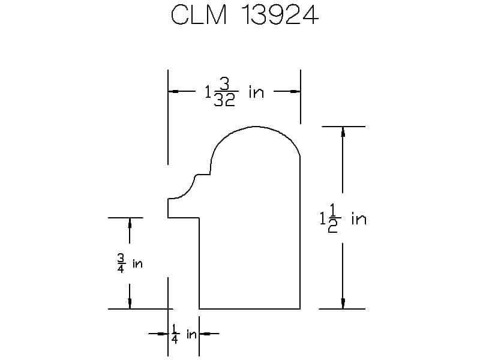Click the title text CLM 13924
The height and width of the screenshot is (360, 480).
tap(245, 14)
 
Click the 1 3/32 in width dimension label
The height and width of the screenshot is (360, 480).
tap(234, 92)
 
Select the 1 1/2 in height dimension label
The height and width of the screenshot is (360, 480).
tap(343, 218)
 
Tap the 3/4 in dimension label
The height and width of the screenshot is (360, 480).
tap(130, 263)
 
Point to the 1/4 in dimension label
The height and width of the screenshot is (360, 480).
tap(184, 334)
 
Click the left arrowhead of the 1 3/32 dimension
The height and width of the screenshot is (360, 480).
tap(173, 91)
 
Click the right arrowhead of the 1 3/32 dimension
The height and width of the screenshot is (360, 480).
tap(295, 91)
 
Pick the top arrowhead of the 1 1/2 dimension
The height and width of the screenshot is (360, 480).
tap(343, 131)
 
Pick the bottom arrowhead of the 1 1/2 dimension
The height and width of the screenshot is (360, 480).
tap(343, 304)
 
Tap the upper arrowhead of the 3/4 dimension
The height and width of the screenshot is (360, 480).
tap(130, 223)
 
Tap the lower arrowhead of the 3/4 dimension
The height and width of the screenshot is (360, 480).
tap(130, 304)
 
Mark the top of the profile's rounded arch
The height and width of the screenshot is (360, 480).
tap(255, 127)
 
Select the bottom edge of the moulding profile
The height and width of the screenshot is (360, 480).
tap(250, 309)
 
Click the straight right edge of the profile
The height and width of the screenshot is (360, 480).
tap(300, 233)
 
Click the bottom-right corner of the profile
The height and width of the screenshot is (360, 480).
tap(300, 309)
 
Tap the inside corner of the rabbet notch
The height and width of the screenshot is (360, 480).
tap(199, 218)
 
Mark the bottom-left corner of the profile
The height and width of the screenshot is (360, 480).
tap(199, 309)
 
